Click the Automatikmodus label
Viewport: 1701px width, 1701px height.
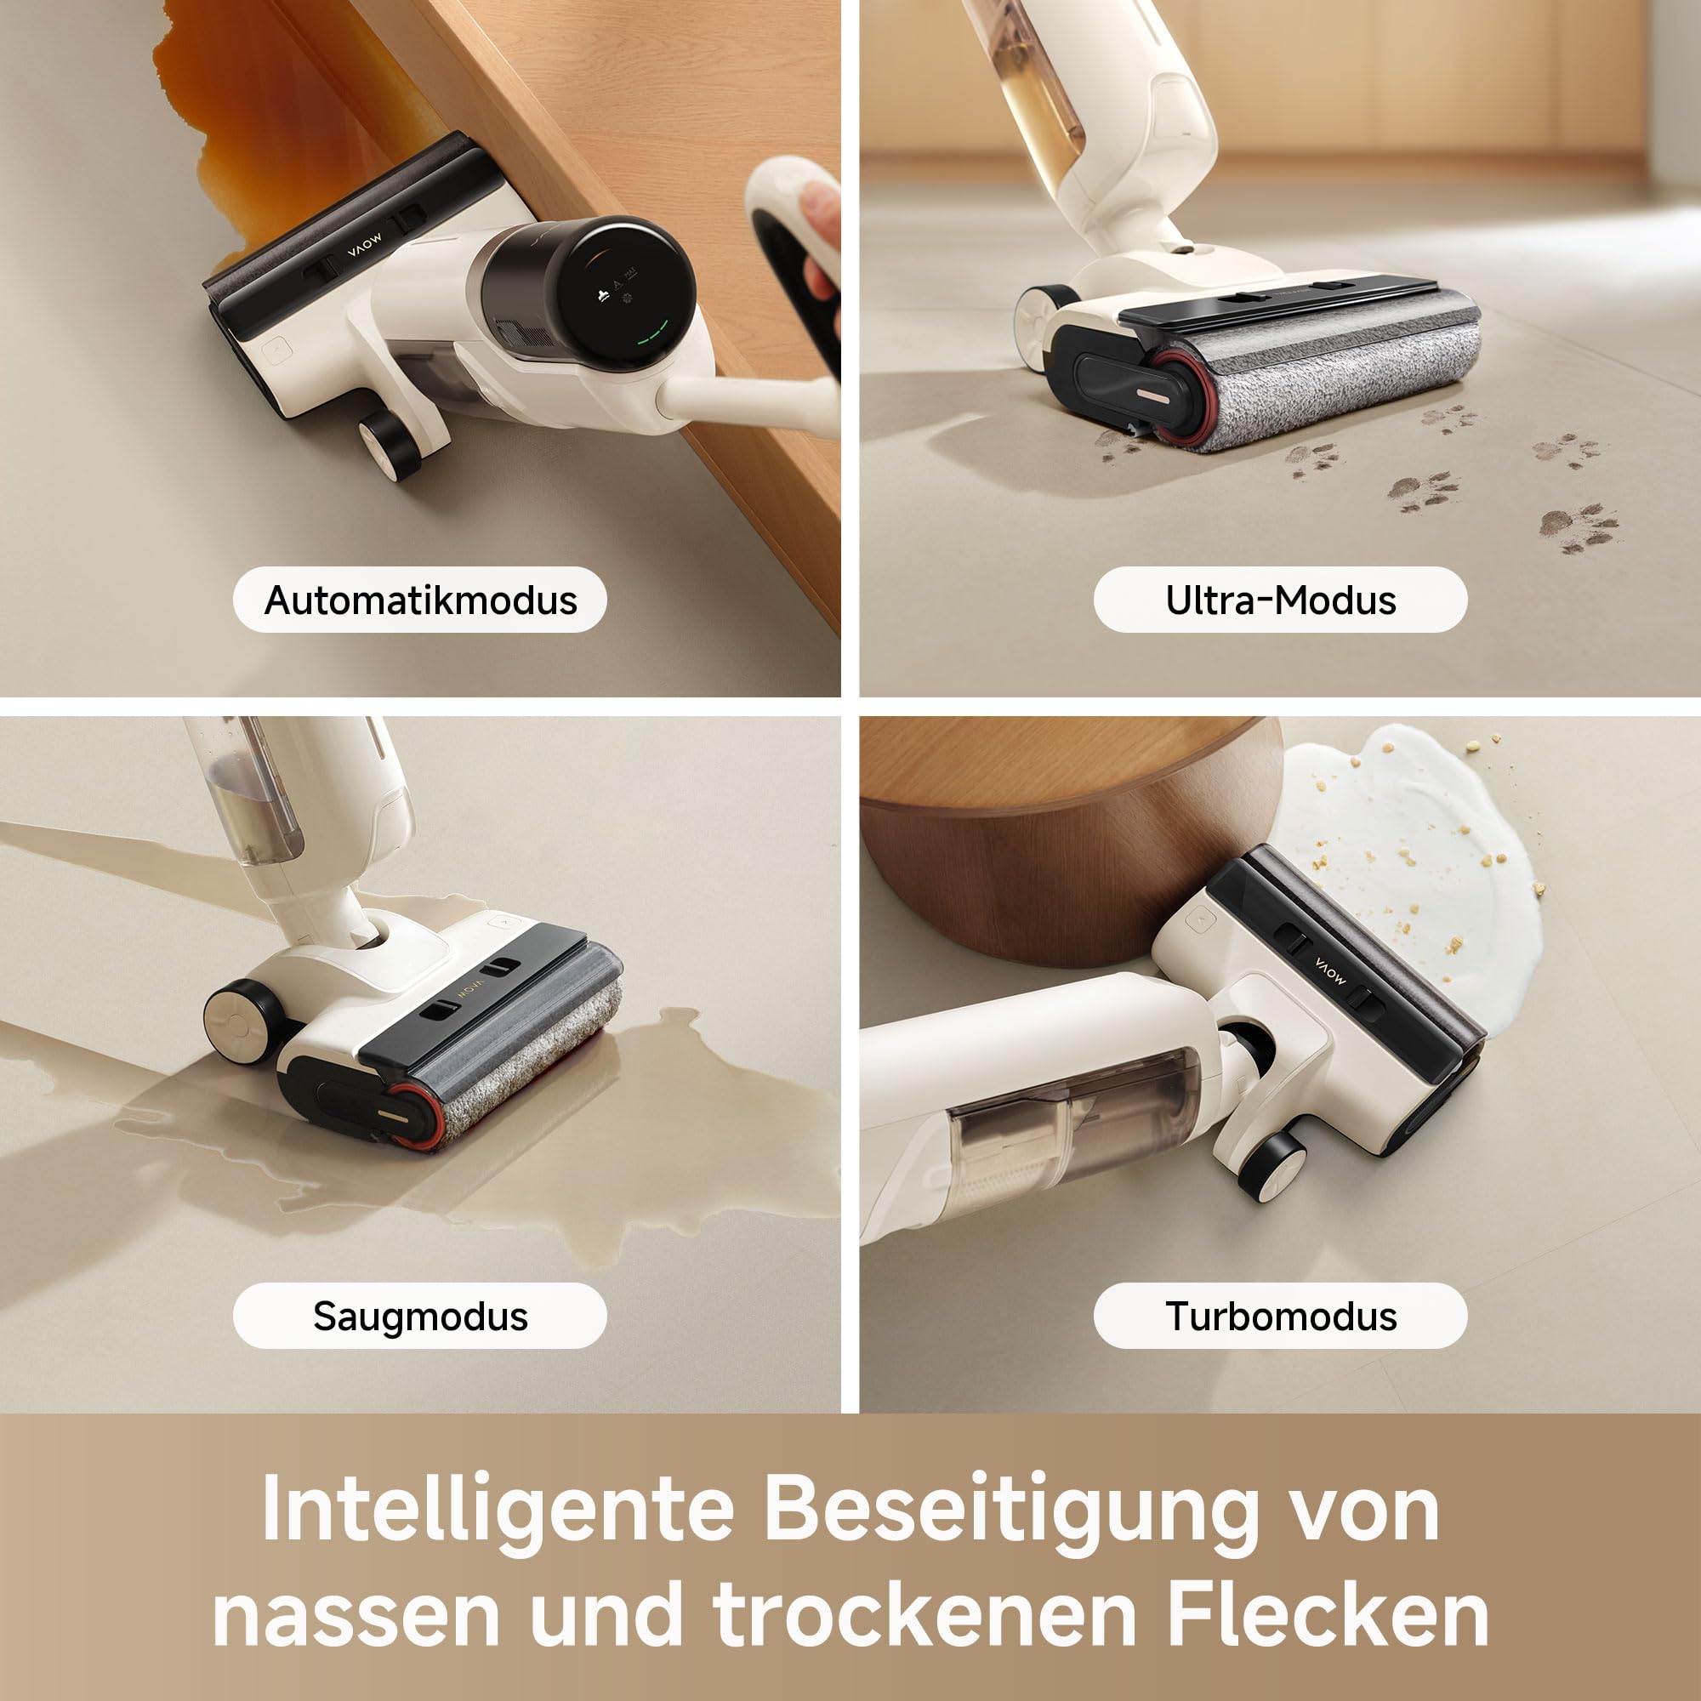tap(420, 600)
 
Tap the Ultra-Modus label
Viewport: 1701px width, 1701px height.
tap(1280, 600)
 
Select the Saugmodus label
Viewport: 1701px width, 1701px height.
tap(420, 1317)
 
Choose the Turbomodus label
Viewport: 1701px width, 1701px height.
tap(1280, 1317)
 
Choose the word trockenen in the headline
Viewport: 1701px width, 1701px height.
tap(924, 1613)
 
